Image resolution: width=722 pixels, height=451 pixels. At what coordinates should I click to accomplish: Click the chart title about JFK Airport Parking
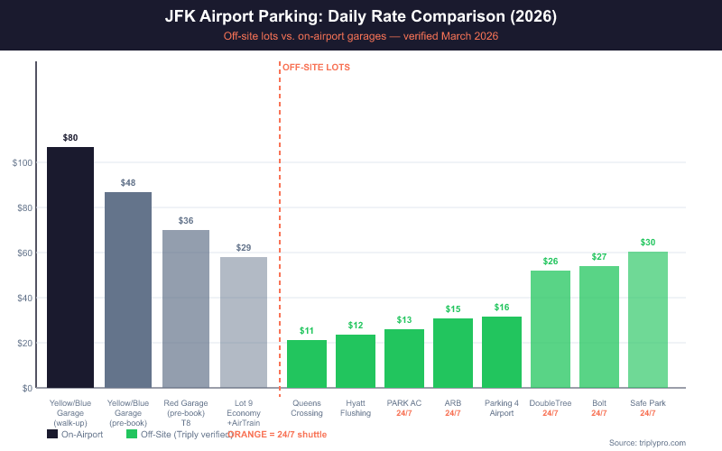[361, 17]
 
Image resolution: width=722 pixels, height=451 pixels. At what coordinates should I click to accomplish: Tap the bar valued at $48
[128, 290]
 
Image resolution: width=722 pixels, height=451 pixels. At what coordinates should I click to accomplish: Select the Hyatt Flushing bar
[356, 361]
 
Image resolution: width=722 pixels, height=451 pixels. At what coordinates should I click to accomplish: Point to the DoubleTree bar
[551, 329]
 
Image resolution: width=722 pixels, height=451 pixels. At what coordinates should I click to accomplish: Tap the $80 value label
[70, 138]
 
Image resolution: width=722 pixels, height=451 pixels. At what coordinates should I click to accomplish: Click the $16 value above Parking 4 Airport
[502, 308]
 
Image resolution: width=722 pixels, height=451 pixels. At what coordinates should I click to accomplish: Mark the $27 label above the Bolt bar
[599, 257]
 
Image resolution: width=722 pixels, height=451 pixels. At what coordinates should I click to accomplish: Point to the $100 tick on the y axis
[23, 163]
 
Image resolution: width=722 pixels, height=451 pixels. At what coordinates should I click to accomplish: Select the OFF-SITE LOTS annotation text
[316, 68]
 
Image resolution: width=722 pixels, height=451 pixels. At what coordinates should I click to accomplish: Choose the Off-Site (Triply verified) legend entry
[176, 434]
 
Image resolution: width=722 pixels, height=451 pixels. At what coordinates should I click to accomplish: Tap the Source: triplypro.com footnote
[647, 443]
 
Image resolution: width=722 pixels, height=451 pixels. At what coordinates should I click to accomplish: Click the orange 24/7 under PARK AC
[404, 413]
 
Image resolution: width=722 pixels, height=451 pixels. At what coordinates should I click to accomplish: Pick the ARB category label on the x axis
[453, 403]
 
